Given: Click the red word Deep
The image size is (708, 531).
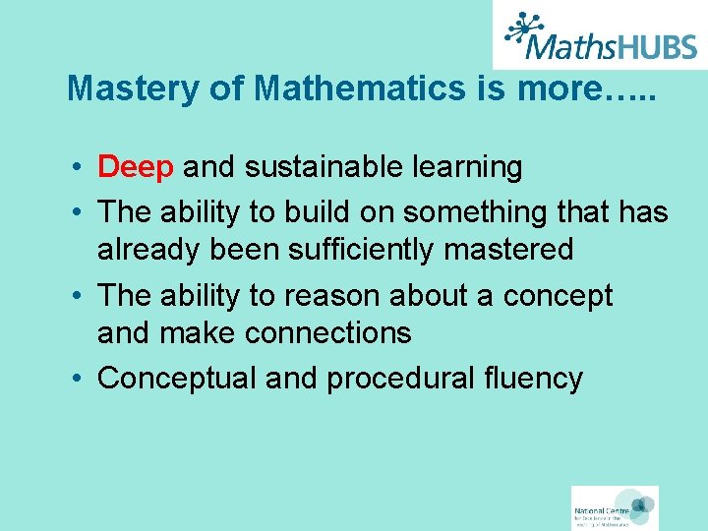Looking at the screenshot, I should (136, 167).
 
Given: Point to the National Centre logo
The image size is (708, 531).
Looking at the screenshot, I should (615, 507).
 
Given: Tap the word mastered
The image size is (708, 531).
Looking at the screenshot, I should (508, 250).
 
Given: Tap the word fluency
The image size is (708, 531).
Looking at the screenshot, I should (539, 379).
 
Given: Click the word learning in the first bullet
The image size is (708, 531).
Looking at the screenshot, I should (465, 167).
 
